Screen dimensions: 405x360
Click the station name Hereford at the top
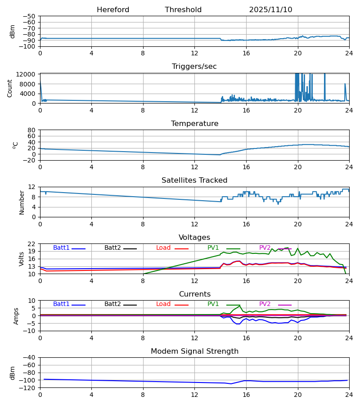[113, 10]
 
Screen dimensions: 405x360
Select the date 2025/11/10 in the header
[270, 10]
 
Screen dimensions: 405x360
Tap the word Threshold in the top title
[183, 10]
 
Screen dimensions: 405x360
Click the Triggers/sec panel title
[194, 67]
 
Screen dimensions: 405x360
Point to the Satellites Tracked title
[194, 180]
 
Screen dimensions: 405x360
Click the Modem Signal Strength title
[194, 351]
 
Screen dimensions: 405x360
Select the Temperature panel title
[194, 124]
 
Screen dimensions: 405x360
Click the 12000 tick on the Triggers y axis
[28, 75]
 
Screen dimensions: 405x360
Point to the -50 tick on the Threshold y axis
[30, 16]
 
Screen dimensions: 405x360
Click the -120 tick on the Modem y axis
[28, 388]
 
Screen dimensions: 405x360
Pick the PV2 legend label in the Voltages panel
[265, 248]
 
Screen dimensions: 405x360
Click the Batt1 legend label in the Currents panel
[61, 304]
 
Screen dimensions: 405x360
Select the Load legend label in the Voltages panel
[163, 248]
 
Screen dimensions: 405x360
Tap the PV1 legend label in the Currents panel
[213, 304]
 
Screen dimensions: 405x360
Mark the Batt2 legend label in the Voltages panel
[112, 248]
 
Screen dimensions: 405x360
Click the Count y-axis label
[10, 88]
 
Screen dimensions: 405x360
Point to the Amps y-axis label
[17, 316]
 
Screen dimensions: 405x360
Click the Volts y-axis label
[21, 259]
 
